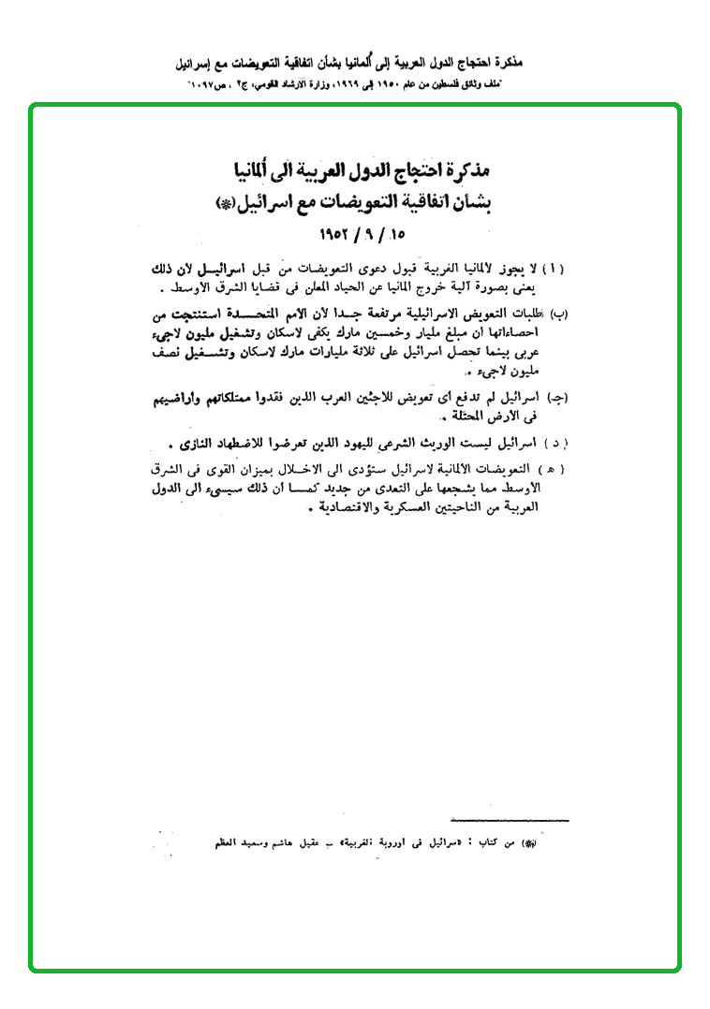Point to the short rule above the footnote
pos(510,820)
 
